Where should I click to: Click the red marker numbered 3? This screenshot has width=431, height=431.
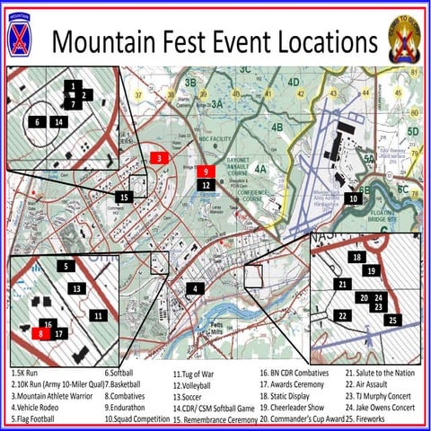(158, 158)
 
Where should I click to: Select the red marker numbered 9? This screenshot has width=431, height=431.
(206, 170)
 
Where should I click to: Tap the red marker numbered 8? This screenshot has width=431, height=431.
(40, 333)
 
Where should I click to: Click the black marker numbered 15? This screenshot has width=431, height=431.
(126, 197)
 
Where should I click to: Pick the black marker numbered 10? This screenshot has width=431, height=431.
(354, 198)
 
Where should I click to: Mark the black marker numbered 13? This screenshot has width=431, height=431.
(78, 288)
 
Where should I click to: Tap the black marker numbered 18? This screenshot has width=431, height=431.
(357, 258)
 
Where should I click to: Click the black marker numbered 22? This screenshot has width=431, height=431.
(342, 315)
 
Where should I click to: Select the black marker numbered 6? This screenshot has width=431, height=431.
(37, 120)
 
